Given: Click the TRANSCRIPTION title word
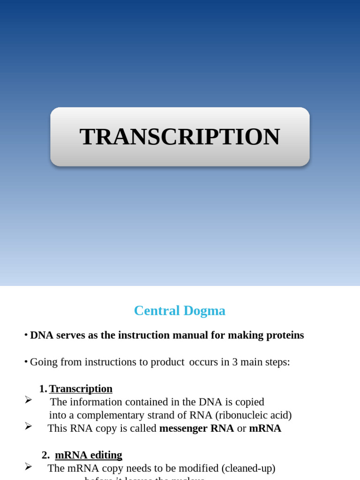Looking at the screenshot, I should click(180, 137).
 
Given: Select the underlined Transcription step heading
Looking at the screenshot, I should click(81, 389).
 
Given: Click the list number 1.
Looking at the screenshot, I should click(43, 389).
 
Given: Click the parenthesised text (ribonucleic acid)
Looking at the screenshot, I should click(253, 415).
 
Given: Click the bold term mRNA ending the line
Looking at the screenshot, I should click(265, 428).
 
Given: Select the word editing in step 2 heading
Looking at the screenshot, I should click(105, 455).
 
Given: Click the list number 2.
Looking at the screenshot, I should click(45, 455).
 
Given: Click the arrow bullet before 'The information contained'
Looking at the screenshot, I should click(29, 400).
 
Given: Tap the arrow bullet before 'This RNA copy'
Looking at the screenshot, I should click(29, 426).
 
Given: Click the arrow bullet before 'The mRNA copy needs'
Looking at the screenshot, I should click(29, 466).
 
